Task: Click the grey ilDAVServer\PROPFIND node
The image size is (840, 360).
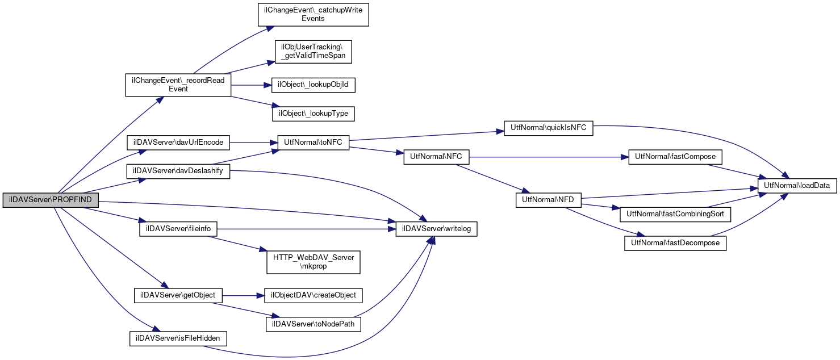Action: pyautogui.click(x=51, y=200)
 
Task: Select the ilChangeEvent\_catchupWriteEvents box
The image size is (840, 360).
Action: pyautogui.click(x=313, y=15)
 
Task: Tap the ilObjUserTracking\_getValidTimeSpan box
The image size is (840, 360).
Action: pyautogui.click(x=313, y=52)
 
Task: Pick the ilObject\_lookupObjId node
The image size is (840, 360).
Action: pyautogui.click(x=313, y=85)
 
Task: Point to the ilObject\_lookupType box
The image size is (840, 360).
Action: pyautogui.click(x=313, y=114)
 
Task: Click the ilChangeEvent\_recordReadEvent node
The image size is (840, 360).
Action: pyautogui.click(x=178, y=85)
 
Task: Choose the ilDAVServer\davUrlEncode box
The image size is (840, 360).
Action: pyautogui.click(x=178, y=143)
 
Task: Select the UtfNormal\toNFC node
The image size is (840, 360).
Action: pyautogui.click(x=313, y=143)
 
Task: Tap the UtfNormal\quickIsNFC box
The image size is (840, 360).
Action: pyautogui.click(x=548, y=128)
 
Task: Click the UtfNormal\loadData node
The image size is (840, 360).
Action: pyautogui.click(x=797, y=186)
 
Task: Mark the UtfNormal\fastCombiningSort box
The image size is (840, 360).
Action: pyautogui.click(x=675, y=214)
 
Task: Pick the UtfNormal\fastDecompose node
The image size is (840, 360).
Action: pyautogui.click(x=675, y=243)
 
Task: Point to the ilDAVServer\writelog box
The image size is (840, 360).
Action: pyautogui.click(x=437, y=229)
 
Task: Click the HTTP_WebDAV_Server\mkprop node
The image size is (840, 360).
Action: pyautogui.click(x=313, y=262)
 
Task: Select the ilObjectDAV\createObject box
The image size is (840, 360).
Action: pyautogui.click(x=313, y=295)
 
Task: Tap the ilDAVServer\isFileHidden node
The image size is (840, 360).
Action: pyautogui.click(x=178, y=338)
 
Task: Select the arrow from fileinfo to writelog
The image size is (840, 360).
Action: pyautogui.click(x=306, y=229)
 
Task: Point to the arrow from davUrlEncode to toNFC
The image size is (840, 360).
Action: pyautogui.click(x=253, y=143)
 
